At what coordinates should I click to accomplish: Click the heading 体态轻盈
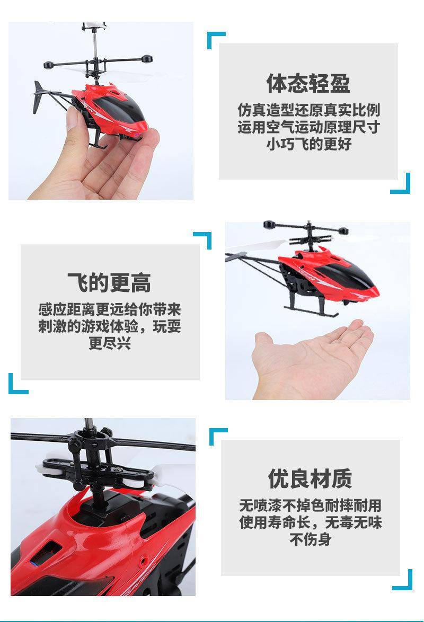click(308, 83)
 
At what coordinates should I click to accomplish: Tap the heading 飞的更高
click(109, 283)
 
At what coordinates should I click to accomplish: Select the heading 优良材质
click(310, 478)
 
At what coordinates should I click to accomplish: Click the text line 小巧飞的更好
click(309, 144)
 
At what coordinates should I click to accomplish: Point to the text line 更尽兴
click(110, 343)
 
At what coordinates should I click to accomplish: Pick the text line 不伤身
click(311, 539)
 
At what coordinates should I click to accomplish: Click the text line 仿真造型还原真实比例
click(309, 110)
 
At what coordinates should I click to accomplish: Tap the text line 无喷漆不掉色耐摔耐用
click(311, 505)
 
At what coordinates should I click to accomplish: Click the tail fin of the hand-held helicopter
click(39, 96)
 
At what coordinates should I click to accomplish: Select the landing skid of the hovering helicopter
click(311, 310)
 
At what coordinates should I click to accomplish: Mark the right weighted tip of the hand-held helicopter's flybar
click(147, 59)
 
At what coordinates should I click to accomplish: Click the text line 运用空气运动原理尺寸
click(309, 127)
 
